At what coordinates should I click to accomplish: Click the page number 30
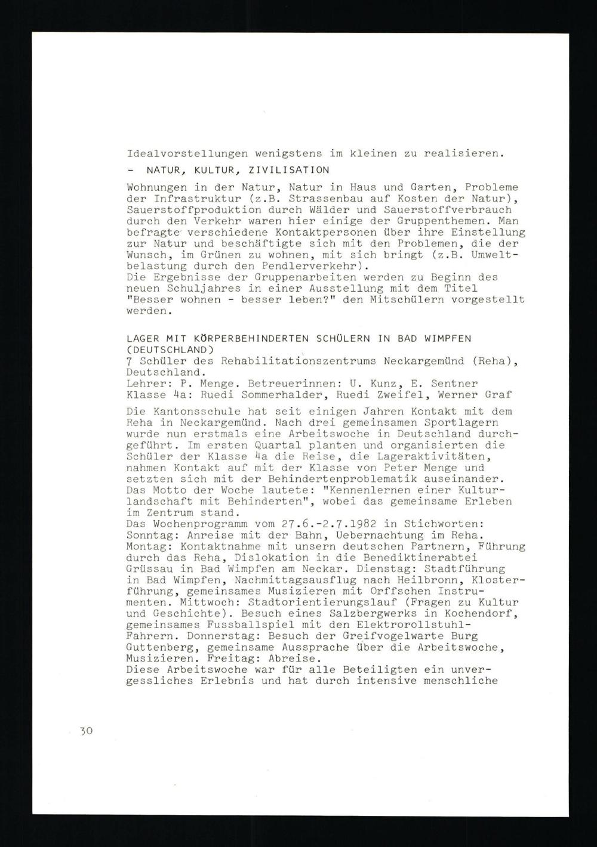(86, 731)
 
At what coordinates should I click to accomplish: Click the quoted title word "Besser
(149, 299)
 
